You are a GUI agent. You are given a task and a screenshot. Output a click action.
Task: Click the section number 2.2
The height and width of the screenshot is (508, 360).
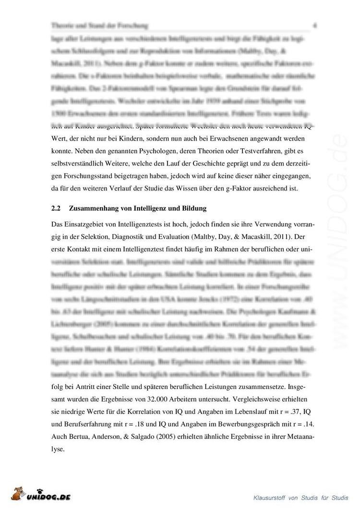point(56,209)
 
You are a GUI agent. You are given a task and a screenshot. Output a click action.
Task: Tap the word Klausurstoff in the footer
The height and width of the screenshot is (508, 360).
point(272,498)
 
